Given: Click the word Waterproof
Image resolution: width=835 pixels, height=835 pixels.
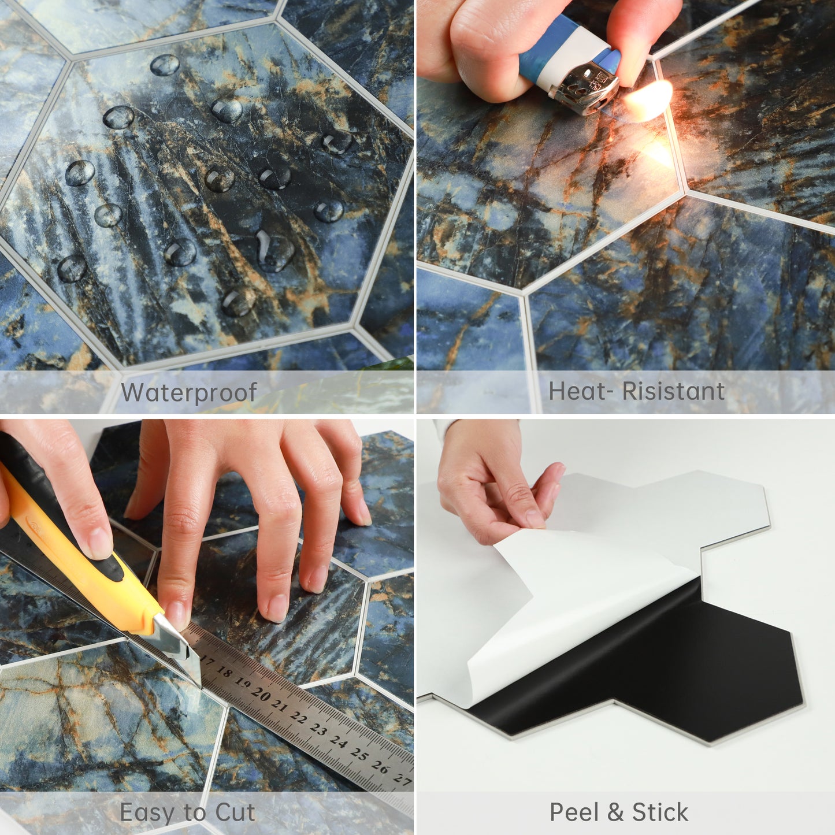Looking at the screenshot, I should (188, 393).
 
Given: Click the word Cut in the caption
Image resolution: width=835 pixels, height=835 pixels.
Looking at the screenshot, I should (235, 812).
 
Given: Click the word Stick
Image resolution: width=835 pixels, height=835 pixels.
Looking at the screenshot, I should (660, 812).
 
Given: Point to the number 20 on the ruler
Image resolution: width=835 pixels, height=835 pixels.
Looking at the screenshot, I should (262, 695).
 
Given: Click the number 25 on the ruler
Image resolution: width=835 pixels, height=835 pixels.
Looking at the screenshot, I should (359, 754).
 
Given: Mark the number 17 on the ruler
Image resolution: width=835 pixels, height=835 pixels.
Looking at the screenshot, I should (207, 662).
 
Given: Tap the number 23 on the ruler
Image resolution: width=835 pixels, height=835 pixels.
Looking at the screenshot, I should (319, 730).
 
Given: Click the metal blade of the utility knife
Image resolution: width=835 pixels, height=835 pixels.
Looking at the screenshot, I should (176, 647).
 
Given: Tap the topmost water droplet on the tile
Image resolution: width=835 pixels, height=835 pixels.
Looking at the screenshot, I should (165, 65).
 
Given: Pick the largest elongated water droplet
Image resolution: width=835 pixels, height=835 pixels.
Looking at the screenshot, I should (274, 250).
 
